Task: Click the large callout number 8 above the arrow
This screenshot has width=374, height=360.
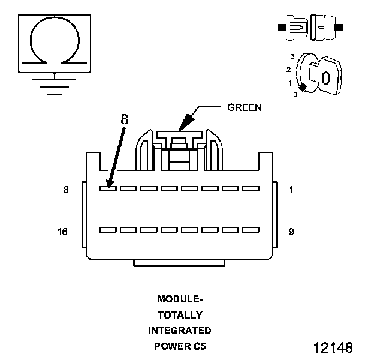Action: [x=124, y=119]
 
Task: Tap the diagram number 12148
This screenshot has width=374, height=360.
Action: [x=333, y=347]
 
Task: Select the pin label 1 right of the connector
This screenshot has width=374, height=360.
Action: [x=291, y=190]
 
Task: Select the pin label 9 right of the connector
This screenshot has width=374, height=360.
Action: [x=291, y=232]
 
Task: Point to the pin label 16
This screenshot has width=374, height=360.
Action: [x=63, y=232]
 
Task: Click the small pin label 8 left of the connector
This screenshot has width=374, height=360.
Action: [x=66, y=190]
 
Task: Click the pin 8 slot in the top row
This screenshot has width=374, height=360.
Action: [x=108, y=188]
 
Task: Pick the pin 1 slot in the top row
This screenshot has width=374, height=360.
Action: [x=251, y=188]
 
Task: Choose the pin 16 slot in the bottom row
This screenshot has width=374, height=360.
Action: [x=108, y=230]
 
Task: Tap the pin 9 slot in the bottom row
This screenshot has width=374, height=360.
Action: [x=251, y=230]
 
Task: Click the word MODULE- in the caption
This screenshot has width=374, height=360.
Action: [x=180, y=299]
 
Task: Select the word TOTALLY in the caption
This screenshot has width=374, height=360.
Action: [x=180, y=314]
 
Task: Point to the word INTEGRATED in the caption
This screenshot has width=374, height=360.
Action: [x=180, y=331]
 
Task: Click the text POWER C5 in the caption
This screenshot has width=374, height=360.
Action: [x=180, y=346]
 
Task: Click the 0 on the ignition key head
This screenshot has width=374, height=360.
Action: [x=325, y=77]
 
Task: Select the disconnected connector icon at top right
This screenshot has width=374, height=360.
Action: [x=309, y=28]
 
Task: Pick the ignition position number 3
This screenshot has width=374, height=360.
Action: [x=292, y=56]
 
